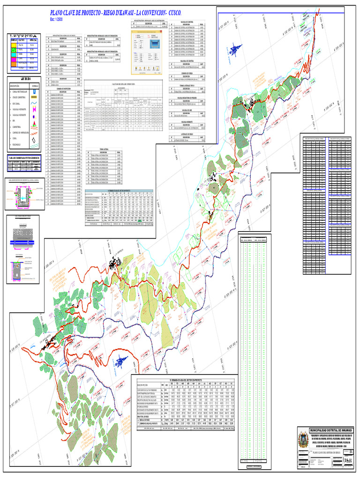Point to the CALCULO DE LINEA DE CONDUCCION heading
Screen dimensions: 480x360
tap(122, 84)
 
